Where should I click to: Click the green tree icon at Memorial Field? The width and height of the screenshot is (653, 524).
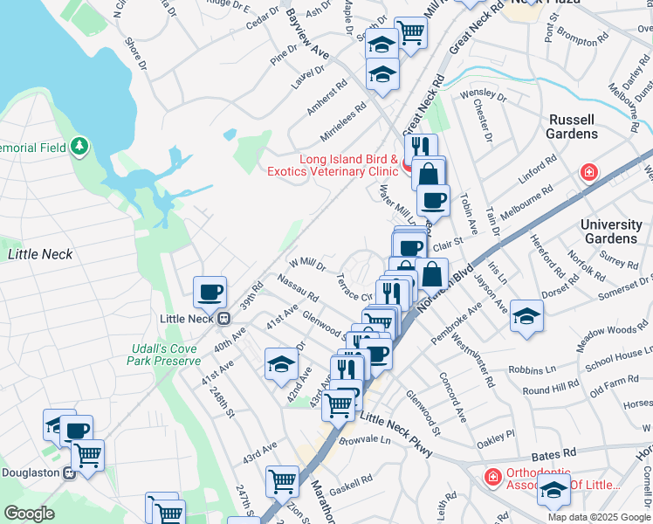[x=79, y=146]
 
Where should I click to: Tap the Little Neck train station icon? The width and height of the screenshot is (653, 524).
[x=223, y=319]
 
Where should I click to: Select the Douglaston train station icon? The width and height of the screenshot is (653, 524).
[x=71, y=472]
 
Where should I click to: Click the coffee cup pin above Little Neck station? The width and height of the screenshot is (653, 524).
[x=210, y=292]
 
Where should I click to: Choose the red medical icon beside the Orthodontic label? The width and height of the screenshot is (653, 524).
[x=492, y=477]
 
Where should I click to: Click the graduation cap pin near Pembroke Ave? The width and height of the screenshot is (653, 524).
[x=526, y=316]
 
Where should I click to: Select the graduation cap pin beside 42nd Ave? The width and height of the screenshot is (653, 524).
[x=281, y=364]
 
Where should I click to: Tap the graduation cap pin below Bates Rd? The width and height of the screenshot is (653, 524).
[x=553, y=493]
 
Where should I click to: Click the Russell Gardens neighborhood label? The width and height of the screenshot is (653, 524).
[x=572, y=126]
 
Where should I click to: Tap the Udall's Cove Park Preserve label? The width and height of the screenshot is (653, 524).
[x=164, y=355]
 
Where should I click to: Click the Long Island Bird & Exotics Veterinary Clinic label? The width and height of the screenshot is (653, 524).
[x=348, y=165]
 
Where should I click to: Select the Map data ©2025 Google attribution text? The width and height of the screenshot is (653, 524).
[x=598, y=516]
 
